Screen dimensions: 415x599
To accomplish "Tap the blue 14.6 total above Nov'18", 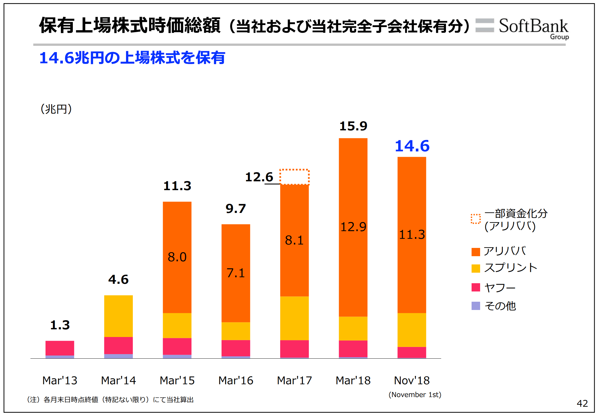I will point(412,146).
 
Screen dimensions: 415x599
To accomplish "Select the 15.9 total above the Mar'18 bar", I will point(353,126).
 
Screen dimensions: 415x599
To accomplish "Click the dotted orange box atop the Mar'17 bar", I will point(294,177).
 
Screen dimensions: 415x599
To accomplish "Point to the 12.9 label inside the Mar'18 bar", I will point(353,227).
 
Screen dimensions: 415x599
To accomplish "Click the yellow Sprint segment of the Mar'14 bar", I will point(118,316).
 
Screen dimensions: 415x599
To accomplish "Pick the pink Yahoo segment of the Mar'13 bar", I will point(60,348).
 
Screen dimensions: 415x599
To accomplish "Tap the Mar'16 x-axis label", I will point(236,381).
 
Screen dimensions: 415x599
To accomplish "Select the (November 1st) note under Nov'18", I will point(415,395).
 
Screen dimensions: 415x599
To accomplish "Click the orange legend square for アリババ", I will point(476,252).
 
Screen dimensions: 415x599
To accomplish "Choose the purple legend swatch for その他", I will point(476,306).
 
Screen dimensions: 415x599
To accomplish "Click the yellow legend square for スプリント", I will point(476,268).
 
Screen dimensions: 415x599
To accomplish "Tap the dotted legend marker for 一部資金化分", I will point(476,219).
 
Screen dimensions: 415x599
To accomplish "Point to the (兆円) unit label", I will point(56,109).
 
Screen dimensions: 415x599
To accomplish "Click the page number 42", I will point(582,403).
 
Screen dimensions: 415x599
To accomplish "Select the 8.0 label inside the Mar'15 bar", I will point(177,257).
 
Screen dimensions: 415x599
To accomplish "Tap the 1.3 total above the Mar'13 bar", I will point(60,325).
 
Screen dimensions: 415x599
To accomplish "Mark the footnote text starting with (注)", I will point(110,400).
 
